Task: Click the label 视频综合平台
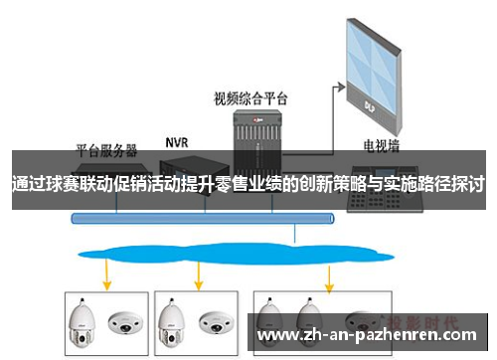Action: (x=250, y=98)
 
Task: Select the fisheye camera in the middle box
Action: (x=213, y=322)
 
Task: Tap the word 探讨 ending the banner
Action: (x=469, y=185)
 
